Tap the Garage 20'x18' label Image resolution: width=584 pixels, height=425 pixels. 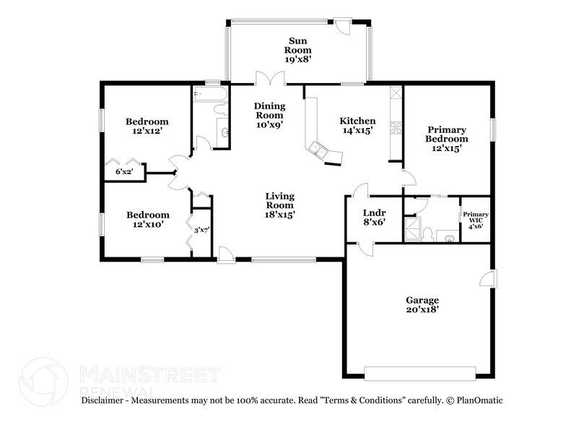click(x=422, y=304)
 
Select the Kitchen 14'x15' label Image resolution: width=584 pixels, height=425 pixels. click(x=357, y=126)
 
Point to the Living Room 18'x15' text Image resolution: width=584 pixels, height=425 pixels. click(x=279, y=205)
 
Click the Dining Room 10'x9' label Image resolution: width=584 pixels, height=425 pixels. click(x=269, y=114)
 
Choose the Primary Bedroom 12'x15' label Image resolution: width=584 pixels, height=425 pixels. click(x=446, y=137)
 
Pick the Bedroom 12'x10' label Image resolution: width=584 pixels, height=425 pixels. click(x=148, y=219)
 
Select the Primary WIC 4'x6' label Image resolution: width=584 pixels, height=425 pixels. click(x=476, y=220)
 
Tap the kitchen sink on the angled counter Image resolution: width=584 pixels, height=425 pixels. click(x=317, y=150)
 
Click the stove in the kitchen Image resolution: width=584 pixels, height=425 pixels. click(x=396, y=129)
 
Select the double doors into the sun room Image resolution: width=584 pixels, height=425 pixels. click(x=268, y=78)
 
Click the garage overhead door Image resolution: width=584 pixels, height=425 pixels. click(x=420, y=373)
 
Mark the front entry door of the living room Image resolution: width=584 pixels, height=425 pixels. click(x=226, y=253)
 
